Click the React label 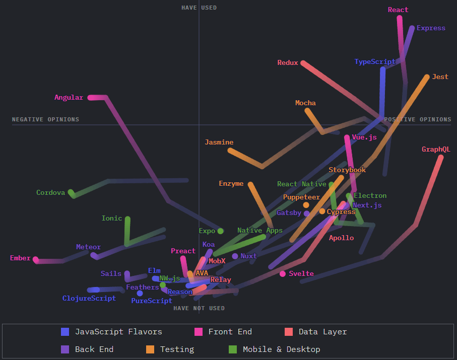[x=398, y=10]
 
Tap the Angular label [x=69, y=97]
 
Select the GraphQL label [x=436, y=149]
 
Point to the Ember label [x=20, y=258]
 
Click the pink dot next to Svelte [x=283, y=273]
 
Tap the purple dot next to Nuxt [x=235, y=256]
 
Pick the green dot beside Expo [x=220, y=231]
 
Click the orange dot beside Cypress [x=322, y=211]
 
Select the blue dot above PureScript [x=140, y=293]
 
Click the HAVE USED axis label [x=199, y=8]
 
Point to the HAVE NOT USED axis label [x=199, y=308]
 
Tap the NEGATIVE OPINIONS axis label [x=45, y=119]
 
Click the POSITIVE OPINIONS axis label [x=418, y=119]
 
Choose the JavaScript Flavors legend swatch [x=65, y=331]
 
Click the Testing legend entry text [x=177, y=349]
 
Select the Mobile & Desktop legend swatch [x=233, y=349]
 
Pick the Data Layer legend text [x=322, y=331]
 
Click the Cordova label [x=51, y=192]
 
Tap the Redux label [x=288, y=62]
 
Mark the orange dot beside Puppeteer [x=306, y=205]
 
